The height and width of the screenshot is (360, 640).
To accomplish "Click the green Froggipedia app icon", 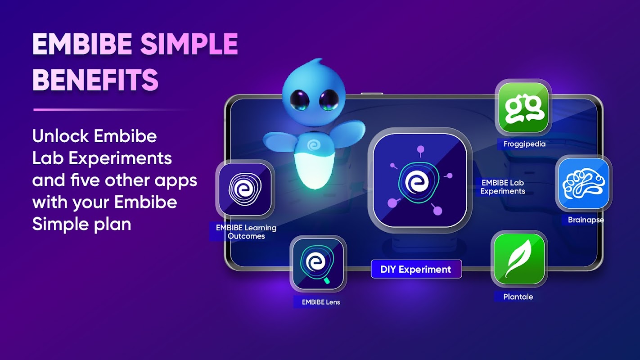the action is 523,108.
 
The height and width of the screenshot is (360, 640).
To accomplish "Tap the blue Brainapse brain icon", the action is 584,184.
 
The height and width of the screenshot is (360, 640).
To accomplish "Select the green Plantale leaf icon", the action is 519,259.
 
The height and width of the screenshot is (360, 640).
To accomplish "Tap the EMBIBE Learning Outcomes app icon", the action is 245,189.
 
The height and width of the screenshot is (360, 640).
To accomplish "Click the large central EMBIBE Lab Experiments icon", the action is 420,180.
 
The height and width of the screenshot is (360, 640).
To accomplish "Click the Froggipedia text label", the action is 524,144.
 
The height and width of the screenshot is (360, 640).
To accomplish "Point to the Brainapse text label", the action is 586,220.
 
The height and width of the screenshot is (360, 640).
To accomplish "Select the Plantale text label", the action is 518,297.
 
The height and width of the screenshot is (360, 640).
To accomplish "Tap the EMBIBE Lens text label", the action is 321,302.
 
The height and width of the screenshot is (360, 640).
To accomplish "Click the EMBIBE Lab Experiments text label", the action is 503,187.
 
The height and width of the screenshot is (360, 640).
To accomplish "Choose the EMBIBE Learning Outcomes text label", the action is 246,232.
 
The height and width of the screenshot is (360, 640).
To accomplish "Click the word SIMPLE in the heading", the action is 189,44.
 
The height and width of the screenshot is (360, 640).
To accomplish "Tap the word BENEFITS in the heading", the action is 95,80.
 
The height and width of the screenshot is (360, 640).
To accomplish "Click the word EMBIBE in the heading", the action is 82,44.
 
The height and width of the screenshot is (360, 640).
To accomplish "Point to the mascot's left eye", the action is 299,100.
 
